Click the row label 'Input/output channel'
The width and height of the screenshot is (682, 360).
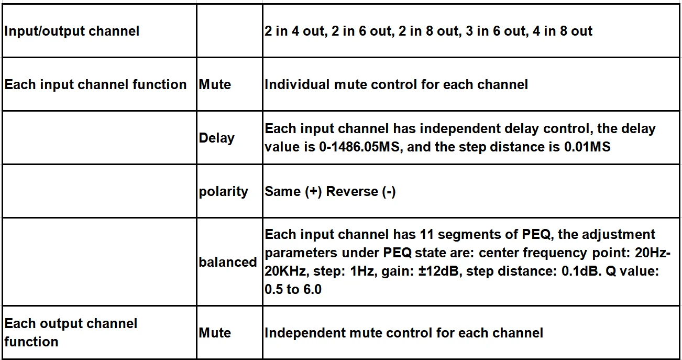[x=72, y=31]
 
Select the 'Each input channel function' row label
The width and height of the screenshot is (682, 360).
[x=95, y=84]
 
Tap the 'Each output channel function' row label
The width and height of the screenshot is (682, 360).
[x=71, y=332]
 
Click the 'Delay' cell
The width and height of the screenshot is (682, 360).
[x=216, y=138]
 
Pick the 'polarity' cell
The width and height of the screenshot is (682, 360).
[x=223, y=191]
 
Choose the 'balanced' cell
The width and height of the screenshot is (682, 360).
[x=228, y=261]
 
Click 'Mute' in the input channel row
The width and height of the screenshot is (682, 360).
[x=215, y=84]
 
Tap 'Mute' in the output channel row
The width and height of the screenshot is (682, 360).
[x=215, y=333]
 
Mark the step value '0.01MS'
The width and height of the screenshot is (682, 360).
[x=587, y=147]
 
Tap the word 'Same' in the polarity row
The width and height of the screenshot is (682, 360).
[x=283, y=191]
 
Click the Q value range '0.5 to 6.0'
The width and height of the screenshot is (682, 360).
[x=293, y=289]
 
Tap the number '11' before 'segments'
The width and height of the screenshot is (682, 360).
[x=424, y=234]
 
